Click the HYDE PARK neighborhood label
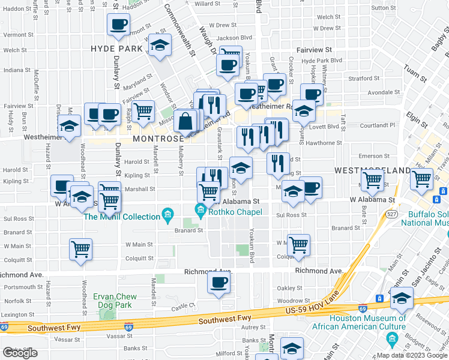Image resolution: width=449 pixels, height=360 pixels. [116, 48]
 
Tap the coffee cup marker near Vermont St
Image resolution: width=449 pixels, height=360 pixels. [118, 25]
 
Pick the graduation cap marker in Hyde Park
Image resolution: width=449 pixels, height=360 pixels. [160, 46]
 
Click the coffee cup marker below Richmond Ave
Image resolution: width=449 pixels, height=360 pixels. [219, 281]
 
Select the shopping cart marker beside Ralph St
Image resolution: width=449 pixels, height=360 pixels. [143, 111]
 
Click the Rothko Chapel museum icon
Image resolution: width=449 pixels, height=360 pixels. [200, 209]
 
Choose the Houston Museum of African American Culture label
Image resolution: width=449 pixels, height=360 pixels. [359, 322]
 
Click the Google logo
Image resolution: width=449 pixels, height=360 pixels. [20, 353]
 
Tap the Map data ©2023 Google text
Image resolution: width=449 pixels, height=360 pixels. [412, 355]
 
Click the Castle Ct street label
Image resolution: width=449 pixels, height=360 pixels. [184, 306]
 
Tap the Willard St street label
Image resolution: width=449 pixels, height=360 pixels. [208, 4]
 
